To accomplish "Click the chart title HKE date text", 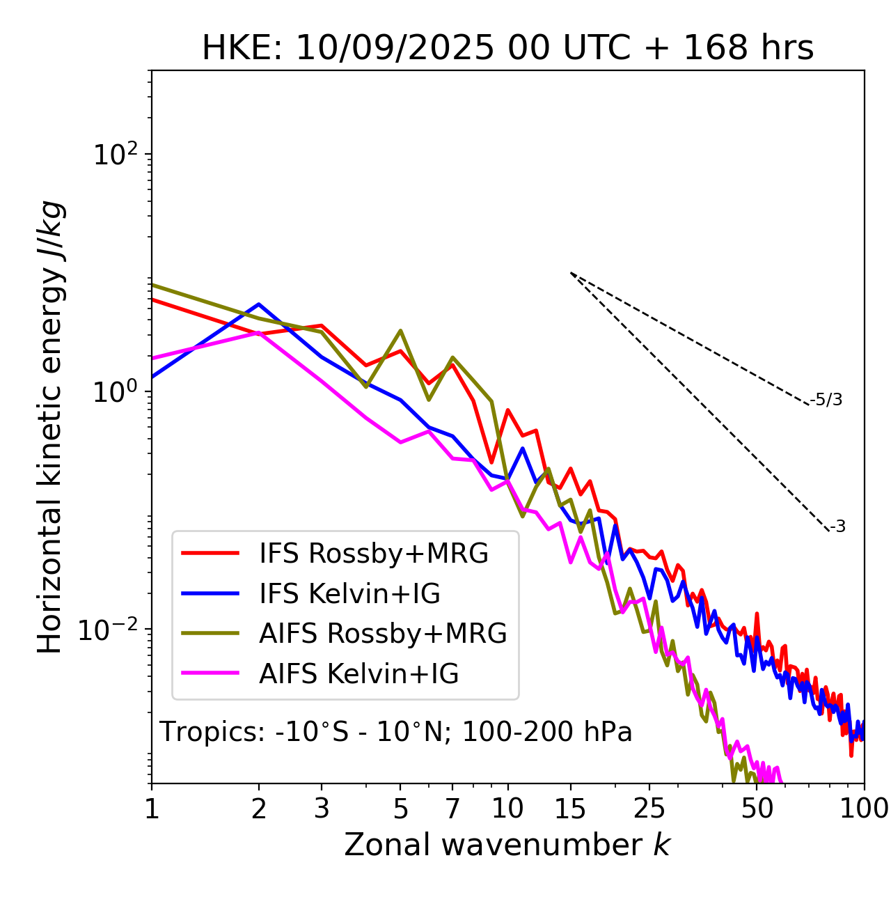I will coord(507,49).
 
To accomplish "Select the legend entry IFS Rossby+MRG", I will coord(373,554).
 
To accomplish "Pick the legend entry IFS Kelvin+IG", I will coord(349,594).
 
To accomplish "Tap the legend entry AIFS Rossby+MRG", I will coord(383,634).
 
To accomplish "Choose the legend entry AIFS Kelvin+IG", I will coord(358,674).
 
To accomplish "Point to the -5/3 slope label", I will coord(826,400).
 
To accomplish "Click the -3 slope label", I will coord(837,527).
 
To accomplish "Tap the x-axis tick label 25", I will coord(649,809).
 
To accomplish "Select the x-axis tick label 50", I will coord(757,809).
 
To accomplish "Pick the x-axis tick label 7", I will coord(452,809).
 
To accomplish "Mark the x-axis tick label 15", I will coord(570,809).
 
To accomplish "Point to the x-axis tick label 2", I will coord(259,809).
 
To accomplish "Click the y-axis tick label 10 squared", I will coord(113,155).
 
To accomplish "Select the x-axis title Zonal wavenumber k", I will coord(507,845).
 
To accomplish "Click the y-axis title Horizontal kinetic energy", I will coord(50,427).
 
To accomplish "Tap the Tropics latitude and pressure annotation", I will coord(396,733).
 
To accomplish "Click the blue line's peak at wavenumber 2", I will coord(259,304).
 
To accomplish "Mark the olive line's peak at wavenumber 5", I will coord(400,331).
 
